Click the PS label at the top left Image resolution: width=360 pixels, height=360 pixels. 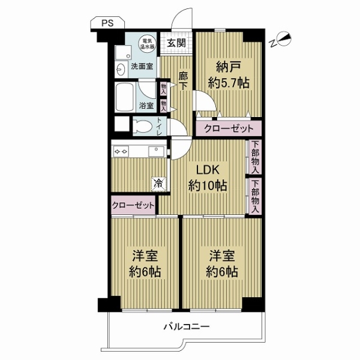tap(107, 23)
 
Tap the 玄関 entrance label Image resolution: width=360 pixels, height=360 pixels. tap(176, 43)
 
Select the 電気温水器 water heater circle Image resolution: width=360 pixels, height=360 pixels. tap(147, 43)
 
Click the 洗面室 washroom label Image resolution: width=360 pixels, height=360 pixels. tap(142, 67)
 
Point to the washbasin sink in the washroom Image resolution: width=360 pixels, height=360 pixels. tap(121, 69)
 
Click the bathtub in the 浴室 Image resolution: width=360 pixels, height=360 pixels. tap(125, 97)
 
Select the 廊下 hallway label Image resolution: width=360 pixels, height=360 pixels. tap(183, 81)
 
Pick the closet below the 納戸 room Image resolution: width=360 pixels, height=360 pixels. tap(229, 128)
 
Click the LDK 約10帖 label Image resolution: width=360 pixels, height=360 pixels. tap(208, 178)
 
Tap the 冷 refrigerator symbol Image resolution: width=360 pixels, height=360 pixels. tap(158, 184)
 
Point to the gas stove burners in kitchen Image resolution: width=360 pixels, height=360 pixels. tap(121, 152)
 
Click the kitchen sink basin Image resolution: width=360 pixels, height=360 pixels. tap(156, 151)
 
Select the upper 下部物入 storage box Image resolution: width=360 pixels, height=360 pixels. tap(255, 157)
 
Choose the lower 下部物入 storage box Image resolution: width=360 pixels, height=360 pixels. tap(255, 196)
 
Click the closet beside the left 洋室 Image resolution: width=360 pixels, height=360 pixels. tap(133, 205)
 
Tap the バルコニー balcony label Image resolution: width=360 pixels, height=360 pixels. tap(187, 326)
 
